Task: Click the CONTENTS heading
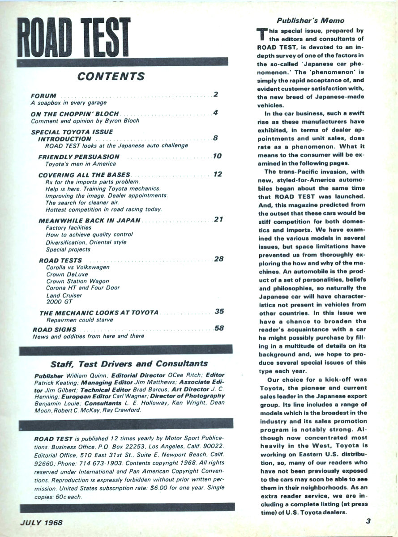click(x=111, y=77)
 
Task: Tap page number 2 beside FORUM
click(x=216, y=94)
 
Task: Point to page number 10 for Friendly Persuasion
click(x=217, y=156)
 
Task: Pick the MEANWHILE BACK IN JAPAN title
click(x=90, y=220)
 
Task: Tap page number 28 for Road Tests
click(x=218, y=259)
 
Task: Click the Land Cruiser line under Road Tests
click(x=64, y=295)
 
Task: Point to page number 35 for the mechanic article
click(x=219, y=311)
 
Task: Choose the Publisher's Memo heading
click(x=310, y=21)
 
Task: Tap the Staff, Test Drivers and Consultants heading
click(x=129, y=363)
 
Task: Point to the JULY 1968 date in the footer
click(x=41, y=522)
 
